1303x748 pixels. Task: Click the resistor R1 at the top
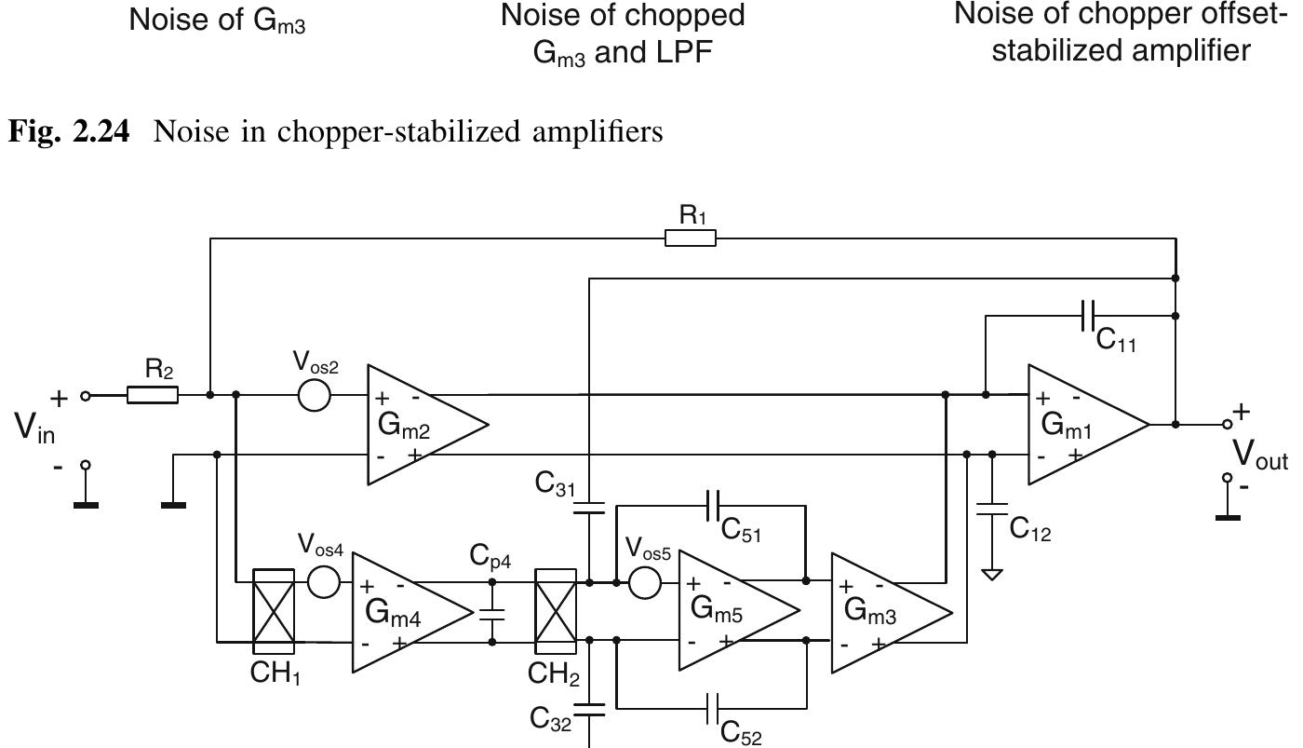(691, 238)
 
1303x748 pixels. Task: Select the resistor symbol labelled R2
(153, 395)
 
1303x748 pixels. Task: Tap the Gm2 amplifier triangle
(418, 425)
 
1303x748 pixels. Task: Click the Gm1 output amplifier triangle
(1080, 425)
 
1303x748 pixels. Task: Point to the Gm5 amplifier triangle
(730, 610)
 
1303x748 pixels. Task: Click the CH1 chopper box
(274, 612)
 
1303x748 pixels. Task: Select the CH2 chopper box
(556, 612)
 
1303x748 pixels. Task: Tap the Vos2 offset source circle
(315, 395)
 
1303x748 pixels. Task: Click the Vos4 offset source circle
(323, 582)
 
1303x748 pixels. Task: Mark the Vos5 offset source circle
(645, 582)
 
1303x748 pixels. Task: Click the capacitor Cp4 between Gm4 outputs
(492, 612)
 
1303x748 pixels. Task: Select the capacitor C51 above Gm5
(713, 506)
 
